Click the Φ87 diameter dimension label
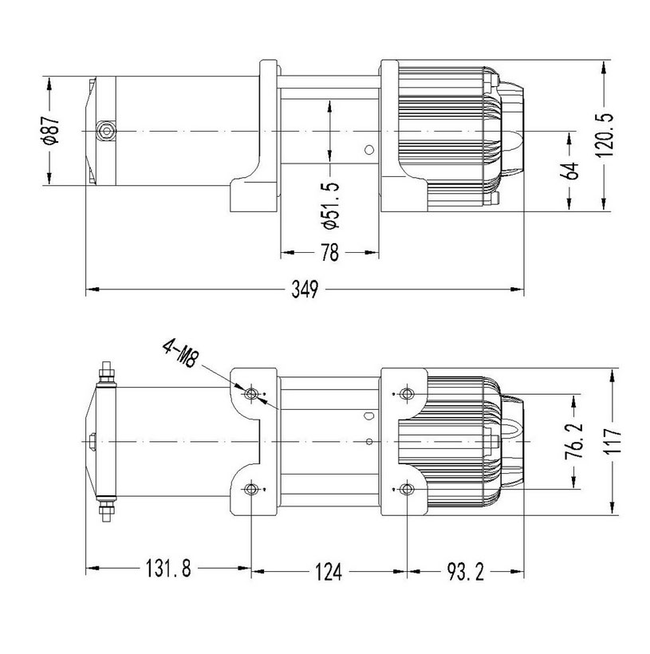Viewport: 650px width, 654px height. pyautogui.click(x=51, y=131)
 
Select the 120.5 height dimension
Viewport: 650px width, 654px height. pyautogui.click(x=605, y=135)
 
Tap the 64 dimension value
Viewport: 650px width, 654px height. pyautogui.click(x=570, y=171)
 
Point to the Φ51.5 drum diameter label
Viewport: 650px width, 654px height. pyautogui.click(x=331, y=205)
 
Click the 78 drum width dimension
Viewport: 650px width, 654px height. pyautogui.click(x=329, y=252)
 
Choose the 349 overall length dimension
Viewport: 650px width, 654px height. pyautogui.click(x=305, y=289)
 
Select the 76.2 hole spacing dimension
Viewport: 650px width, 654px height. pyautogui.click(x=574, y=441)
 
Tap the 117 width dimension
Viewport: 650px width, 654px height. pyautogui.click(x=613, y=441)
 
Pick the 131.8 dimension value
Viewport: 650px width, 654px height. pyautogui.click(x=168, y=568)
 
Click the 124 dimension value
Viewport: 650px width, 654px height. pyautogui.click(x=329, y=571)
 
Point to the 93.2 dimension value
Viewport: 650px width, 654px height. pyautogui.click(x=465, y=571)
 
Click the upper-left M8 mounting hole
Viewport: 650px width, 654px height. pyautogui.click(x=251, y=393)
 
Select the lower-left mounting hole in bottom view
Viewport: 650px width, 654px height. pyautogui.click(x=251, y=489)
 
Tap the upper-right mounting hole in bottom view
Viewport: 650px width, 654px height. pyautogui.click(x=407, y=393)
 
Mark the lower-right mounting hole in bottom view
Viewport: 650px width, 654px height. pyautogui.click(x=407, y=489)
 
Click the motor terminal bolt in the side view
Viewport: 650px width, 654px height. pyautogui.click(x=106, y=132)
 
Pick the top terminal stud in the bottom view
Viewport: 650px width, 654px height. pyautogui.click(x=106, y=372)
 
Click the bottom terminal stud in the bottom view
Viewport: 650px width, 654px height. pyautogui.click(x=106, y=510)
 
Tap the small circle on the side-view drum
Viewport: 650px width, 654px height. pyautogui.click(x=368, y=150)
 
